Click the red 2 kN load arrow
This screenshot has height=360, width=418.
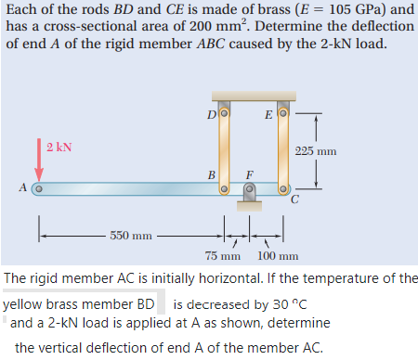[39, 162]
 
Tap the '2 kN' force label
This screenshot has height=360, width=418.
[59, 147]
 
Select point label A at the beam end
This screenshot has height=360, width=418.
[22, 188]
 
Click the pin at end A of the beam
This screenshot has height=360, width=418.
[38, 189]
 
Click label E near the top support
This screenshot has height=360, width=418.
[268, 115]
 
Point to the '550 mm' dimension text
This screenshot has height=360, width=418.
[131, 235]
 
